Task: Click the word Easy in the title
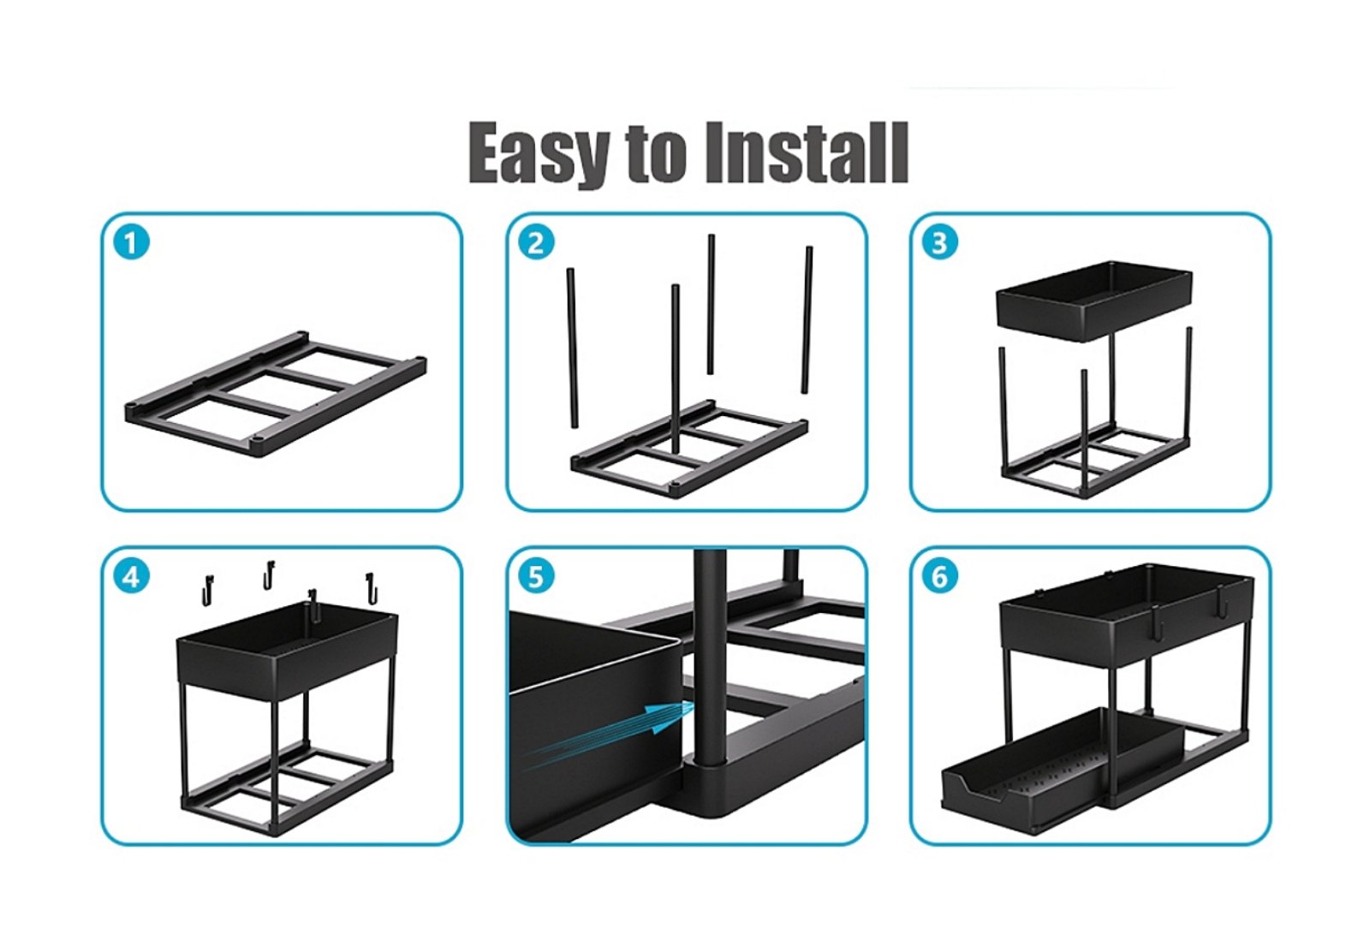coord(539,153)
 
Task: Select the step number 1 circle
coord(132,243)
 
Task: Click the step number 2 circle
coord(536,243)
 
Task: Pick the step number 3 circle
coord(940,243)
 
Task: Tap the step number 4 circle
coord(132,576)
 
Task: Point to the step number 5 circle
coord(536,576)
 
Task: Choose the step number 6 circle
coord(940,576)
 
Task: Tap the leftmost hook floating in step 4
coord(208,589)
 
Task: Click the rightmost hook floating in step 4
coord(372,587)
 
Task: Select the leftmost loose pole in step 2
coord(572,348)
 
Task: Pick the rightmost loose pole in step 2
coord(807,320)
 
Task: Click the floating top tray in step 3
coord(1094,300)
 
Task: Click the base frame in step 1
coord(275,394)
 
